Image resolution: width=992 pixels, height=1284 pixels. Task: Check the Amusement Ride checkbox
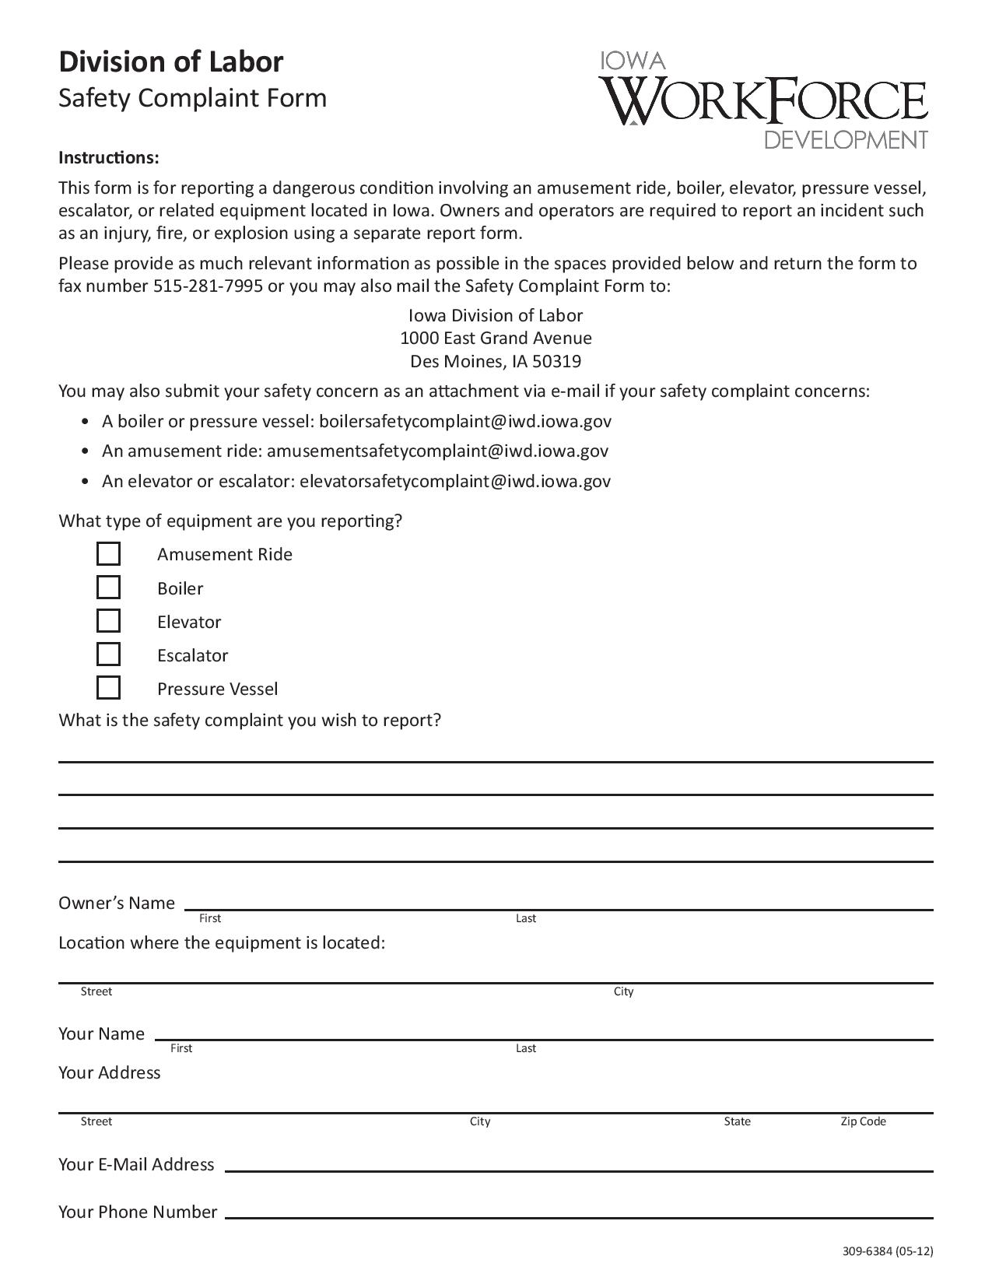(108, 554)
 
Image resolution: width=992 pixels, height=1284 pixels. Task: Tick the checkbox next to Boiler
(108, 588)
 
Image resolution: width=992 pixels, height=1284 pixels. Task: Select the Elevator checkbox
(108, 621)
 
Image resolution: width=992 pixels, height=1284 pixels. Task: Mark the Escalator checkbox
(108, 654)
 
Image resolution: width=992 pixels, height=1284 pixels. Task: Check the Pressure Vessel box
(108, 688)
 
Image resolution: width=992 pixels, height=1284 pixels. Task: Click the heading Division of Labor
(171, 61)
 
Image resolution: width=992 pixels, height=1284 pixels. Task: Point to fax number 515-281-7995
(208, 286)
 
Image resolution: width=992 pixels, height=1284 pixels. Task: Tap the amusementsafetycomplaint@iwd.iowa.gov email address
(437, 451)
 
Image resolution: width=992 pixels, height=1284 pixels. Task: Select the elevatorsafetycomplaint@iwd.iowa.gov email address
(455, 481)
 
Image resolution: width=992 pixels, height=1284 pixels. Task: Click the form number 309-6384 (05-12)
(887, 1251)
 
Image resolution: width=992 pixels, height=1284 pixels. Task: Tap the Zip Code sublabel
(863, 1121)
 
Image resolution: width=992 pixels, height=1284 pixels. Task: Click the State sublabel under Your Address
(737, 1121)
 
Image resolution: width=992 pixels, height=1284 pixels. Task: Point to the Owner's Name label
(117, 903)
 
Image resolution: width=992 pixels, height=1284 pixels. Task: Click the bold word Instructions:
(109, 158)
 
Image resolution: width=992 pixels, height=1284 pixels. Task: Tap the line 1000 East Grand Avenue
(496, 338)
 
